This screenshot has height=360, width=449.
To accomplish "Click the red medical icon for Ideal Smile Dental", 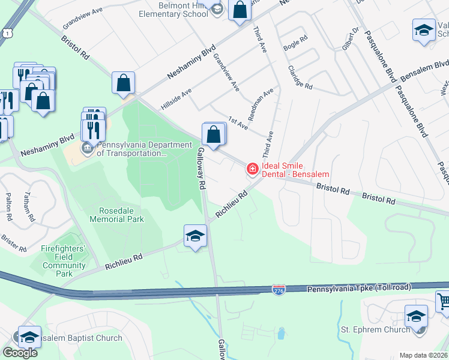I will [x=252, y=169].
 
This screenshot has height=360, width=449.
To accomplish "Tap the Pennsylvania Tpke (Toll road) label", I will [x=359, y=288].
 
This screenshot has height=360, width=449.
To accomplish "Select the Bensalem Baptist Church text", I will [x=81, y=338].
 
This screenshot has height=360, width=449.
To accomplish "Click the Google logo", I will [x=20, y=353].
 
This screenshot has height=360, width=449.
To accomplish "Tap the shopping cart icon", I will [x=443, y=300].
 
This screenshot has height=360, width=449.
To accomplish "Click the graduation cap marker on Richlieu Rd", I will [x=196, y=236].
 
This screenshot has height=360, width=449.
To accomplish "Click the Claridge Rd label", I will [x=300, y=77].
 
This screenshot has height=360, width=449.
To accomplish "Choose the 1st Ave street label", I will [x=238, y=124].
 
